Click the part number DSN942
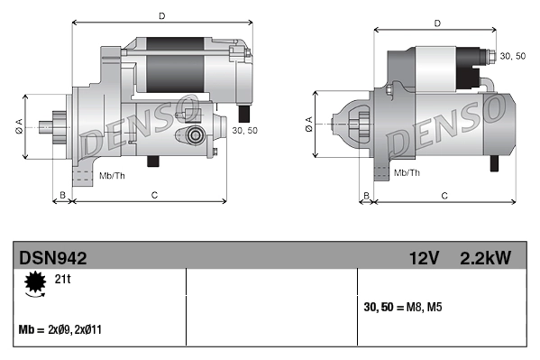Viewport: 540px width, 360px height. click(x=53, y=258)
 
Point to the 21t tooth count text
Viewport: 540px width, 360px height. click(x=62, y=281)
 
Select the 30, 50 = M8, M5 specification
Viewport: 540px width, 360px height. click(x=401, y=307)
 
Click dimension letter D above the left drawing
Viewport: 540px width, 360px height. click(x=161, y=16)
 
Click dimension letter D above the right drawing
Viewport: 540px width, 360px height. click(x=436, y=23)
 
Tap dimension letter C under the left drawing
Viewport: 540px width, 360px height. click(x=155, y=195)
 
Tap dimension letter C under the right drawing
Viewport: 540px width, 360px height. click(x=444, y=195)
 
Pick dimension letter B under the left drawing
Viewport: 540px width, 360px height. click(x=62, y=195)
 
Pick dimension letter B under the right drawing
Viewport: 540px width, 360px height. click(x=366, y=195)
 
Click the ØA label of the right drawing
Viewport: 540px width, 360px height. click(x=309, y=126)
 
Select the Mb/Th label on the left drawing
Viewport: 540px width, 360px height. click(x=113, y=174)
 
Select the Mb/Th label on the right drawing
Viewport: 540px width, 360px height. click(x=407, y=171)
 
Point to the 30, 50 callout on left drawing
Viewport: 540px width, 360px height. click(x=244, y=131)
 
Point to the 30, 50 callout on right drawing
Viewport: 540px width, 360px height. click(x=512, y=56)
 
